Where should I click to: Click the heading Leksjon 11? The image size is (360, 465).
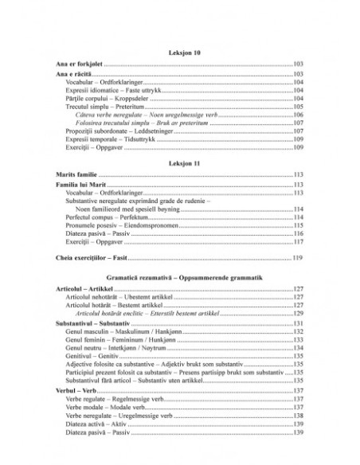pos(180,162)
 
